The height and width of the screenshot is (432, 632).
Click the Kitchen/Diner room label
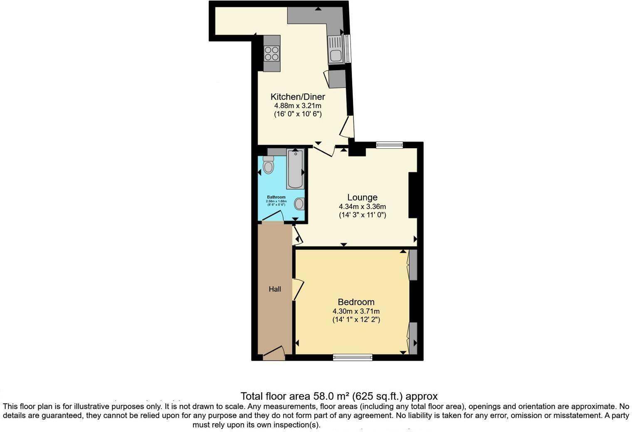298,97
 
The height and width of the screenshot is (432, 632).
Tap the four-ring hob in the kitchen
272,54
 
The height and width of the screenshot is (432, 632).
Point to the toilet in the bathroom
269,165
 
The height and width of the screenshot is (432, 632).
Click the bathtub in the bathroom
295,169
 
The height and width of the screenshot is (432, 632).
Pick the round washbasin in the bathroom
299,204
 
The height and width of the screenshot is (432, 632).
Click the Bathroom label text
276,197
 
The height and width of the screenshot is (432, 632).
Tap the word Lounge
362,198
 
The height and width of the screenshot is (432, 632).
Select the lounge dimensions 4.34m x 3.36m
362,206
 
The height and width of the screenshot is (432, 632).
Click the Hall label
275,289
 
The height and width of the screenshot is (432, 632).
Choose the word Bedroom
356,302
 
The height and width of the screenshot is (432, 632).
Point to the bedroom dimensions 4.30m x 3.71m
356,311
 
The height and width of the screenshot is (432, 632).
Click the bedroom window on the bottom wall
353,357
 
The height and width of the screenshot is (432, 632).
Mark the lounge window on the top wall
390,145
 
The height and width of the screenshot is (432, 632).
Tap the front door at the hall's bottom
274,353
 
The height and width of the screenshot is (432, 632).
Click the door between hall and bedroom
298,289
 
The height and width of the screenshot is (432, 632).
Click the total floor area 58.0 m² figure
339,396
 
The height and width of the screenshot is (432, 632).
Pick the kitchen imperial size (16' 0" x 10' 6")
298,114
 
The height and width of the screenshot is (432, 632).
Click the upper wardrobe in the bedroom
413,265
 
